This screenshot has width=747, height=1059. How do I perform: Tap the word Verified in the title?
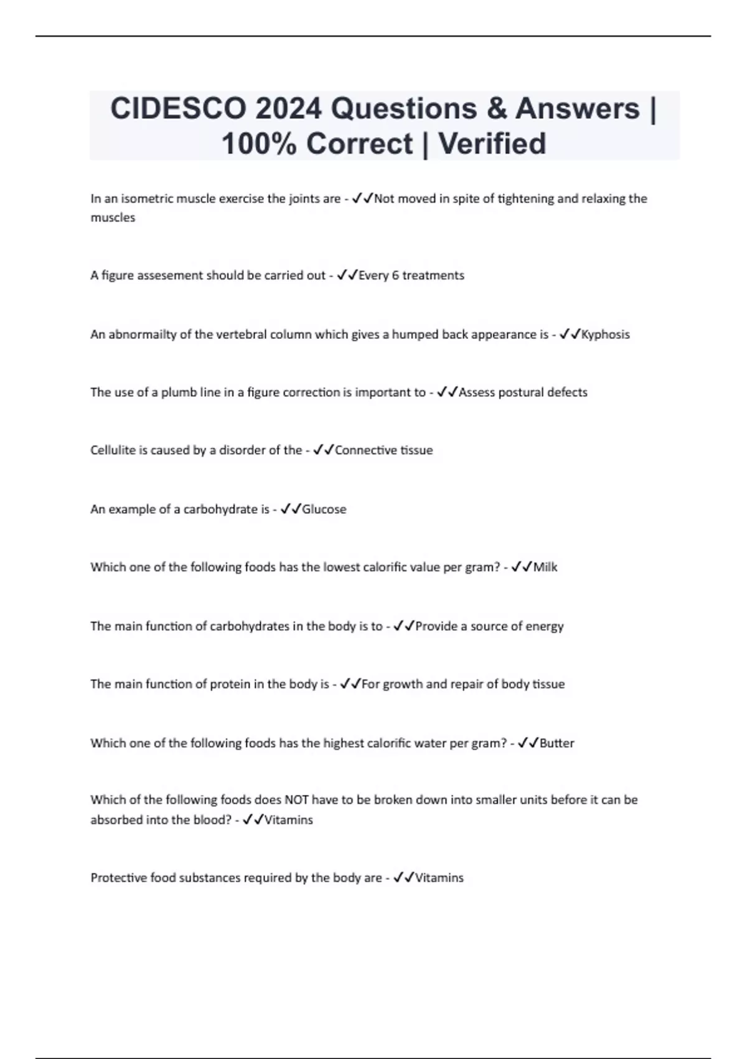[492, 144]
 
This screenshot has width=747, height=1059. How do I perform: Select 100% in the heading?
[258, 144]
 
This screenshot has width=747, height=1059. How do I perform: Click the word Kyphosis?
[605, 335]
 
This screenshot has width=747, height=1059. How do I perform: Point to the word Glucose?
[324, 510]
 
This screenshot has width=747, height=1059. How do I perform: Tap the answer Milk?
[545, 567]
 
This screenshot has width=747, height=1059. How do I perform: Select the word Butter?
[557, 743]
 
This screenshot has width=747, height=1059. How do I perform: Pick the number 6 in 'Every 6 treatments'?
[395, 275]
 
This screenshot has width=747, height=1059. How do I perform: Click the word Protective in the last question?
[118, 878]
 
